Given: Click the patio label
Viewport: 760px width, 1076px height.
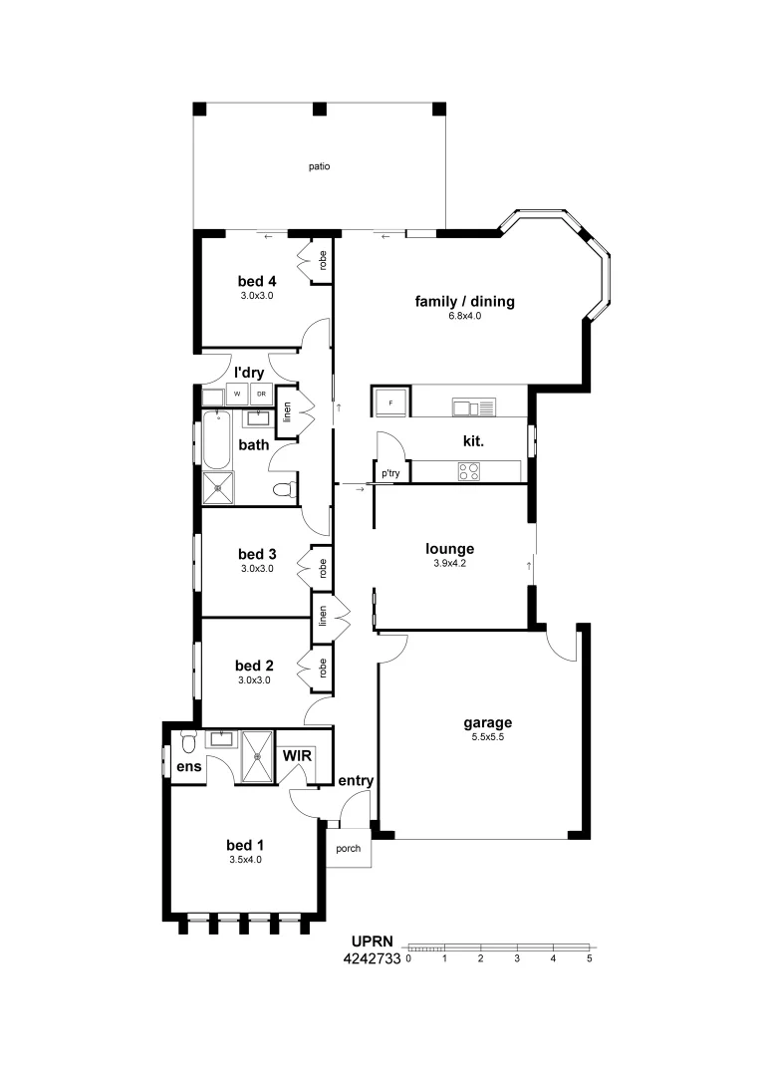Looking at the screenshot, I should click(x=319, y=166).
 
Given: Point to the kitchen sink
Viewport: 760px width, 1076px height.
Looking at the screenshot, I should click(x=472, y=406).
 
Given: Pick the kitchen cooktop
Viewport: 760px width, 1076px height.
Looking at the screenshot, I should click(x=469, y=472).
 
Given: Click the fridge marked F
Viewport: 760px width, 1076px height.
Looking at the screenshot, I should click(x=389, y=403).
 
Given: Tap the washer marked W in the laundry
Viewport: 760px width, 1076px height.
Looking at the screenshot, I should click(x=238, y=395).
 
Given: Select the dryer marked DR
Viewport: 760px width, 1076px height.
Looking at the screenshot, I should click(x=261, y=395).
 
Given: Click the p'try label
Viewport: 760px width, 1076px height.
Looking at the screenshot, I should click(x=390, y=474).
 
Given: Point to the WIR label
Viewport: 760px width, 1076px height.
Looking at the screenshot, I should click(x=298, y=756).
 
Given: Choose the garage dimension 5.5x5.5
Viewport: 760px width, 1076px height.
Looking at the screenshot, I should click(x=487, y=738).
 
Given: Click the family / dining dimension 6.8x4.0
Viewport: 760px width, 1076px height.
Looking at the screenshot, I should click(x=464, y=316).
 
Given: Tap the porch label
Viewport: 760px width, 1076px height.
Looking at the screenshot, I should click(x=348, y=849).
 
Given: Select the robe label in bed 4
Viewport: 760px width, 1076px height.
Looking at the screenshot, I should click(x=323, y=261).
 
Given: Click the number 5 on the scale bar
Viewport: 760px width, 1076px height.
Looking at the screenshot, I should click(x=590, y=958).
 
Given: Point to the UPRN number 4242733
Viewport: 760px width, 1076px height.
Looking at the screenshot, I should click(x=371, y=959).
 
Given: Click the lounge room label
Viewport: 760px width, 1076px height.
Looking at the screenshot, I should click(x=450, y=548).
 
